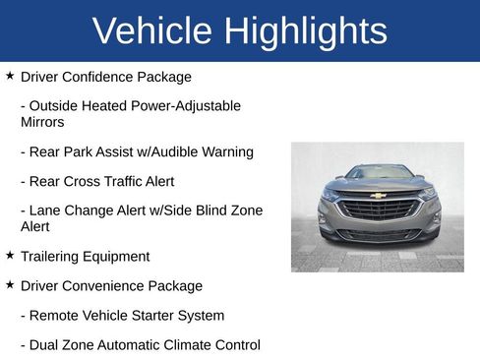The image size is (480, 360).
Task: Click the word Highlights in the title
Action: point(305,31)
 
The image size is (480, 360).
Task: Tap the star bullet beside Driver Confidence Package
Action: point(10,75)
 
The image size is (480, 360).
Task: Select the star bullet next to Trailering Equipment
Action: point(10,255)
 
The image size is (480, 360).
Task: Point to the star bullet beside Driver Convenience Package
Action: point(10,284)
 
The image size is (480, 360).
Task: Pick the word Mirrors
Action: point(42,123)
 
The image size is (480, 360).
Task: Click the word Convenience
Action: point(105,286)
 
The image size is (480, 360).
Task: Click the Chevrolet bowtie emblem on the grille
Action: point(378,196)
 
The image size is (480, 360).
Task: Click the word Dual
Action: point(45,345)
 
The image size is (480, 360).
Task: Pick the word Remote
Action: point(53,316)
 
